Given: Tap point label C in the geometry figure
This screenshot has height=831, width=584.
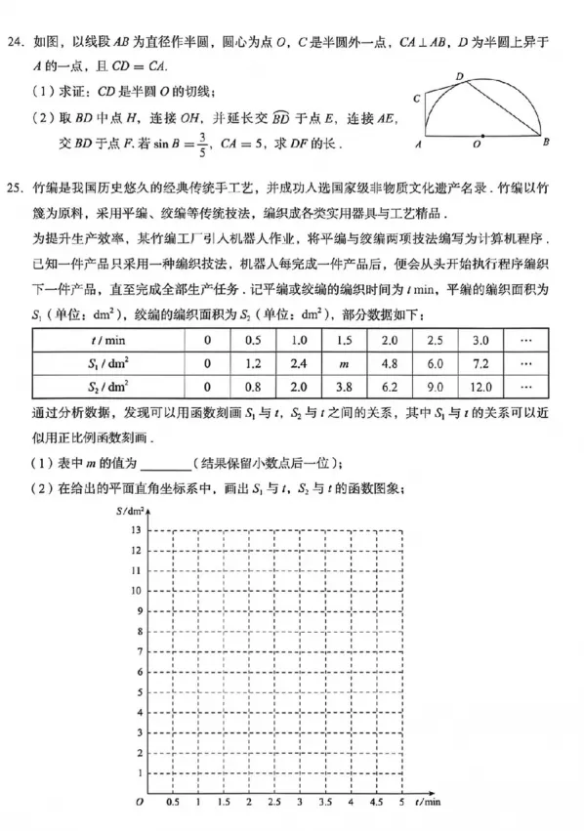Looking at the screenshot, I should (x=417, y=99).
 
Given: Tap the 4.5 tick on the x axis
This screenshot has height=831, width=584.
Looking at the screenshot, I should (x=376, y=802).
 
